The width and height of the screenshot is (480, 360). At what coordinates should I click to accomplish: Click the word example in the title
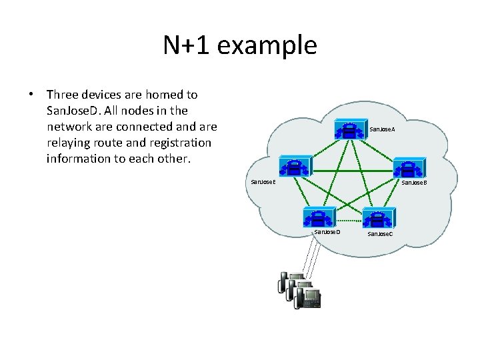267,46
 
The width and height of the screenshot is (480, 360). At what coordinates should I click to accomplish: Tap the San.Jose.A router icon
349,129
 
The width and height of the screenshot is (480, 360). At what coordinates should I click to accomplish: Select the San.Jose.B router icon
407,168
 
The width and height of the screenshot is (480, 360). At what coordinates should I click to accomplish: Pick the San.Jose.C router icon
379,217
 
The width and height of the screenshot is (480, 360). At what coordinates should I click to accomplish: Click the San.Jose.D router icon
319,217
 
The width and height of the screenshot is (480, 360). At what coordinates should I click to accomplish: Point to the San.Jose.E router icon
292,168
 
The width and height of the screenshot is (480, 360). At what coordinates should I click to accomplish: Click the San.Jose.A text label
382,129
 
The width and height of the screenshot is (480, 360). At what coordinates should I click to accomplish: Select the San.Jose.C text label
380,234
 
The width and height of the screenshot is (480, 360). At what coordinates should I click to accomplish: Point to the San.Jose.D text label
327,231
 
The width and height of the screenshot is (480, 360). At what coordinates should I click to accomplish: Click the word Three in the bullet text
64,95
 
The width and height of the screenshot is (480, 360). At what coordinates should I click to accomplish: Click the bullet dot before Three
31,95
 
